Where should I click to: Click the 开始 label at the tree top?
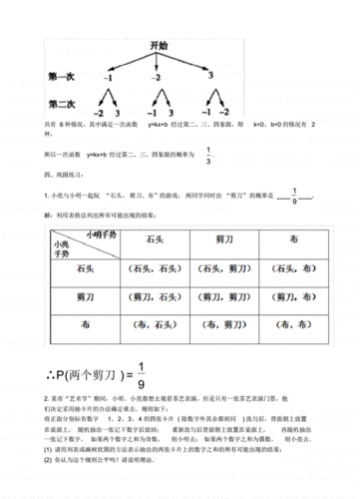pos(157,47)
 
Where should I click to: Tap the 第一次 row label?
pos(63,75)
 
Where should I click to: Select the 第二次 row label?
pos(63,105)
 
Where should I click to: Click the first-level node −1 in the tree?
pos(109,77)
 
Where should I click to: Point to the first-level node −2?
pos(156,77)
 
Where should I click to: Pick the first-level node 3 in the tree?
pos(211,76)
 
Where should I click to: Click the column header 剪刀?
pos(224,241)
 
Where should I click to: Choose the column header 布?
pos(292,241)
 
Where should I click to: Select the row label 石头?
pos(84,269)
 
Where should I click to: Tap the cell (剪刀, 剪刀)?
pos(224,298)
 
